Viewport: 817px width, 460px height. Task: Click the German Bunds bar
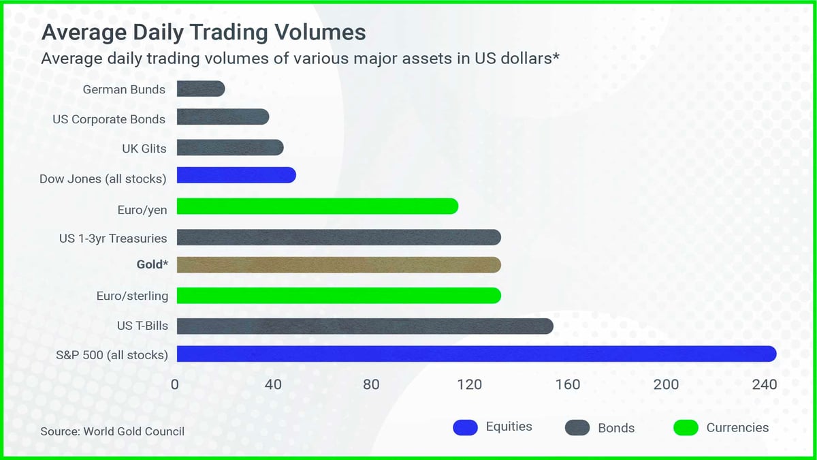201,89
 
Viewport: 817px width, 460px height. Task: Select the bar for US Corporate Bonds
223,117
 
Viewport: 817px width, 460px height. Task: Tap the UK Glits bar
230,148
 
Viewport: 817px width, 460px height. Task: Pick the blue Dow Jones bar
236,175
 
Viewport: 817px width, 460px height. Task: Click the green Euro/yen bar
317,206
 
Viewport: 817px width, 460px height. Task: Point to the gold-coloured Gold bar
338,265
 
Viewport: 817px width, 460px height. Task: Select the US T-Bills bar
365,326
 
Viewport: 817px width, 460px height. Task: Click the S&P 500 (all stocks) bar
477,354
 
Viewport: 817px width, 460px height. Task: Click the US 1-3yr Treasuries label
113,238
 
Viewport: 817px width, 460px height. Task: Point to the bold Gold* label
152,264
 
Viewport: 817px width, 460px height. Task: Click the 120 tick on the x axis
470,384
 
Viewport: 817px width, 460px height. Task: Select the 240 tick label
765,384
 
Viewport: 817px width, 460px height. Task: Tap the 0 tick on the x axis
175,384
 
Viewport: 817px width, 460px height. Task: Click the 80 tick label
371,384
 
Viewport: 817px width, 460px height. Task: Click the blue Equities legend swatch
465,428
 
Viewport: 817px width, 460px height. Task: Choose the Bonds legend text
616,428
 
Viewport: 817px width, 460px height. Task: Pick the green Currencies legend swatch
686,428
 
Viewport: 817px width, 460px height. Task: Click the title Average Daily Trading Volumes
204,33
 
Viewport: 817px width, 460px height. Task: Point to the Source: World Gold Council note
112,431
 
